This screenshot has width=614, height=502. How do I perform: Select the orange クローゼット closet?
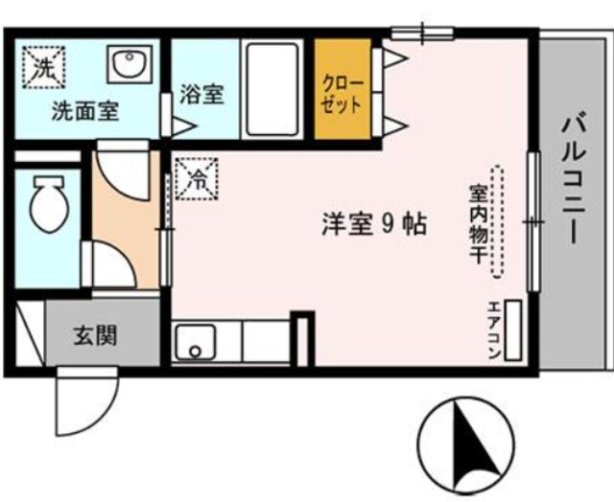click(342, 92)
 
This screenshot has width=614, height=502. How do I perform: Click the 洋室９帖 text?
click(373, 226)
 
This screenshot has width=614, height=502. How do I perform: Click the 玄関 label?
click(94, 336)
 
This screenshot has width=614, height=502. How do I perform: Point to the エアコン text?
click(492, 331)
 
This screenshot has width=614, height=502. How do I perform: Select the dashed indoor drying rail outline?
click(497, 222)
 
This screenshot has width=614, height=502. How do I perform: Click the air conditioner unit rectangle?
click(512, 331)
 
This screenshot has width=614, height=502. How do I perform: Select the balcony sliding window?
click(532, 221)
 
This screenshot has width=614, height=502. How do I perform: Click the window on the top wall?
click(422, 32)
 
